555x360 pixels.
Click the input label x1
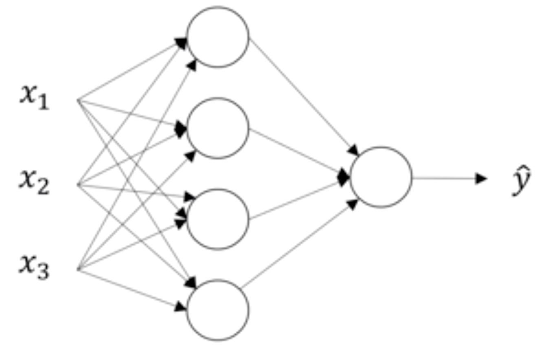(34, 97)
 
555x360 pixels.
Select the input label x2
(34, 182)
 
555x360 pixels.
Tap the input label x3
(34, 268)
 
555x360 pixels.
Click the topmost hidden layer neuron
(218, 37)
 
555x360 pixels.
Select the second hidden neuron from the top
(218, 128)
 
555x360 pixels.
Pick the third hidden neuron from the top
(218, 219)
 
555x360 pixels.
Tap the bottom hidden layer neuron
(218, 310)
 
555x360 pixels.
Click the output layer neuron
(381, 177)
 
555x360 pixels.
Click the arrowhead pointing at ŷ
(481, 178)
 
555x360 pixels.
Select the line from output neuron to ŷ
(450, 178)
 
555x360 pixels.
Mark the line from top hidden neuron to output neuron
(304, 97)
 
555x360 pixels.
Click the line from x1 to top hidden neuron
(132, 70)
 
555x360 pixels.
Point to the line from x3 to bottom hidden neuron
(132, 290)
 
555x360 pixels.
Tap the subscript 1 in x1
(44, 103)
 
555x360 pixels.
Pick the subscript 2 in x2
(44, 187)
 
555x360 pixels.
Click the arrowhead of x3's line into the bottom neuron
(181, 307)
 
